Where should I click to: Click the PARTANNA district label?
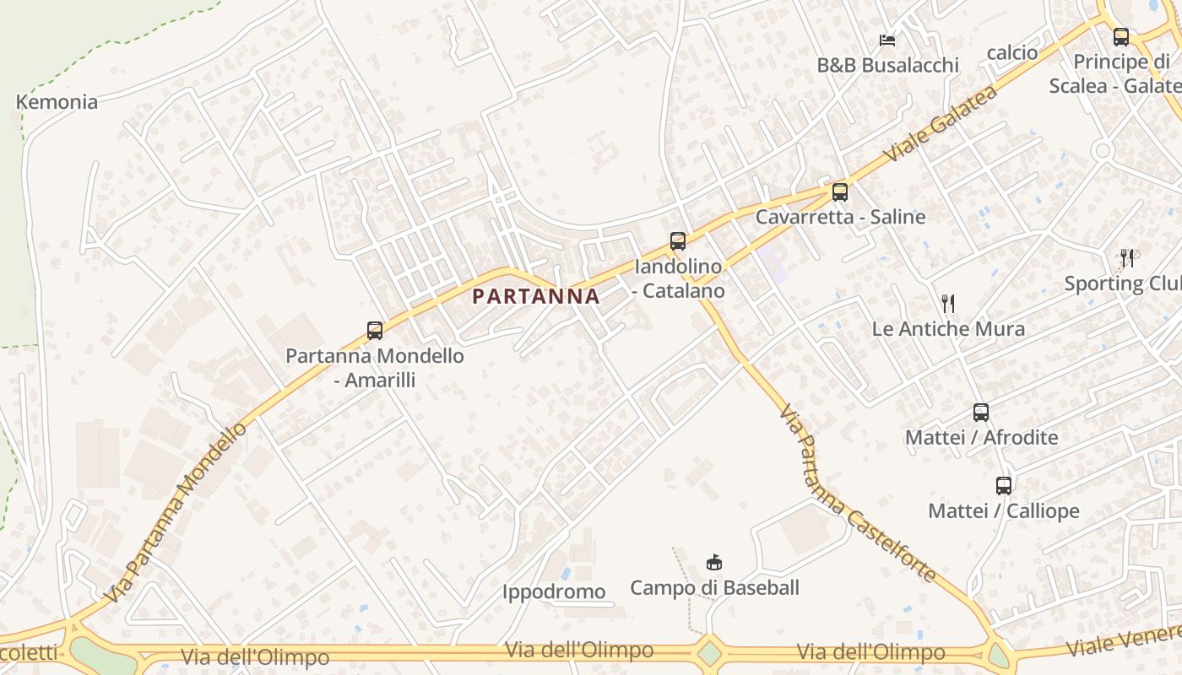pos(536,296)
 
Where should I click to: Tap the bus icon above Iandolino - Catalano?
pos(677,242)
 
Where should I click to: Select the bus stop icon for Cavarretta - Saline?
pos(839,192)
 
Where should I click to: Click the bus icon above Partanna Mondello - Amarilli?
pos(375,331)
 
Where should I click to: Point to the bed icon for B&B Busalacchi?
pos(886,40)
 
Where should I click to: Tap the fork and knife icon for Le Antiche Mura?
pos(948,304)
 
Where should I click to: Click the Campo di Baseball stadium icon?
pos(713,562)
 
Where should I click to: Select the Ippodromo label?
pos(554,591)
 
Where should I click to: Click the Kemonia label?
pos(57,102)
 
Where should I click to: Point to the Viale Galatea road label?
pos(941,123)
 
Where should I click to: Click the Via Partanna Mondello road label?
pos(176,513)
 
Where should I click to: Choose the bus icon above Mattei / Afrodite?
pos(980,413)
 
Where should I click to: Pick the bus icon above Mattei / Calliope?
pos(1003,486)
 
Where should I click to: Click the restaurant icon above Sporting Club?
pos(1127,257)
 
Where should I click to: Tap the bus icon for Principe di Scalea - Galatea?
pos(1120,37)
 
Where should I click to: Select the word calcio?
pos(1012,52)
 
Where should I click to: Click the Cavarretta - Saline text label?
pos(840,217)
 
